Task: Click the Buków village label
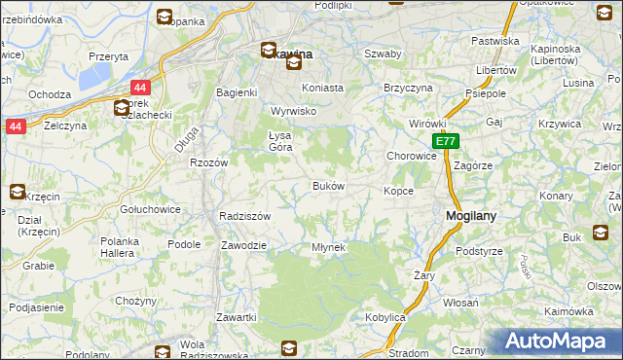(x=327, y=185)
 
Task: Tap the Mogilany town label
(x=472, y=217)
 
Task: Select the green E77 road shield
(x=444, y=142)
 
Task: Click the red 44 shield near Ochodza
(x=139, y=88)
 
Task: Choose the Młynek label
(x=328, y=247)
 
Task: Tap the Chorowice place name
(x=411, y=156)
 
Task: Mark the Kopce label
(x=398, y=191)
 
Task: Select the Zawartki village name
(x=237, y=317)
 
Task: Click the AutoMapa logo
(x=554, y=342)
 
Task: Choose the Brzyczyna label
(x=408, y=87)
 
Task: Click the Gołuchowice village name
(x=147, y=209)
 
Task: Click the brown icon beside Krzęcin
(x=18, y=192)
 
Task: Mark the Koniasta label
(x=323, y=87)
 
